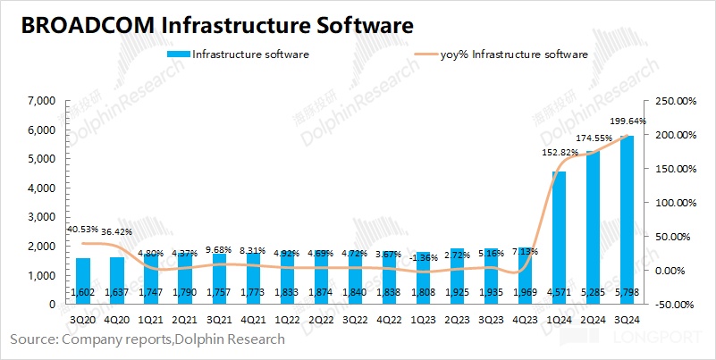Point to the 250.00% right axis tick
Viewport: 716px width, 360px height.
(x=676, y=102)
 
